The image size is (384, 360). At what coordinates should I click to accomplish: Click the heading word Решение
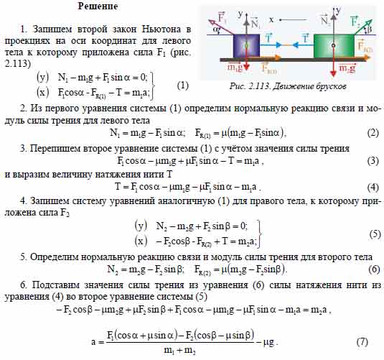pyautogui.click(x=98, y=6)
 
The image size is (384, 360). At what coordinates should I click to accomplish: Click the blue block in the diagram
pyautogui.click(x=246, y=46)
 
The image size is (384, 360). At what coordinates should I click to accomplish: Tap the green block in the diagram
pyautogui.click(x=334, y=46)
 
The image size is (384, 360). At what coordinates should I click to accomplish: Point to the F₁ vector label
pyautogui.click(x=221, y=17)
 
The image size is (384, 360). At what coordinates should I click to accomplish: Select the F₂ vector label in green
pyautogui.click(x=355, y=21)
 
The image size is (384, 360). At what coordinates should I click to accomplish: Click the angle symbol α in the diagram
pyautogui.click(x=215, y=30)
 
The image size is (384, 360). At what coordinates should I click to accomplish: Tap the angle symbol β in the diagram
pyautogui.click(x=369, y=29)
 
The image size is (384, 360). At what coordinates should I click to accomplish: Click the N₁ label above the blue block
pyautogui.click(x=256, y=22)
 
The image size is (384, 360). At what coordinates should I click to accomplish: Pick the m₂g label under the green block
pyautogui.click(x=347, y=68)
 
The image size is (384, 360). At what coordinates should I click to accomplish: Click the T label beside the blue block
pyautogui.click(x=268, y=37)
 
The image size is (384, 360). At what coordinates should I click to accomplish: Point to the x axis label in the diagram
pyautogui.click(x=271, y=19)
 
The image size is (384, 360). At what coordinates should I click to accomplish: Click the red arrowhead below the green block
pyautogui.click(x=333, y=73)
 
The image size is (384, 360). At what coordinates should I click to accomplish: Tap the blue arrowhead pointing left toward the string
pyautogui.click(x=296, y=45)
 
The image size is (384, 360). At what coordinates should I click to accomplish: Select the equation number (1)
pyautogui.click(x=183, y=86)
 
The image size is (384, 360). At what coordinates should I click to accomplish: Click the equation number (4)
pyautogui.click(x=373, y=188)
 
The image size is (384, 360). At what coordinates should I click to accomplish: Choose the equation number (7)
pyautogui.click(x=362, y=341)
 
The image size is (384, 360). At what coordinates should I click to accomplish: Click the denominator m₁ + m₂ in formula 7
pyautogui.click(x=179, y=351)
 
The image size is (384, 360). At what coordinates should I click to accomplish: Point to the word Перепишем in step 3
pyautogui.click(x=54, y=149)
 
